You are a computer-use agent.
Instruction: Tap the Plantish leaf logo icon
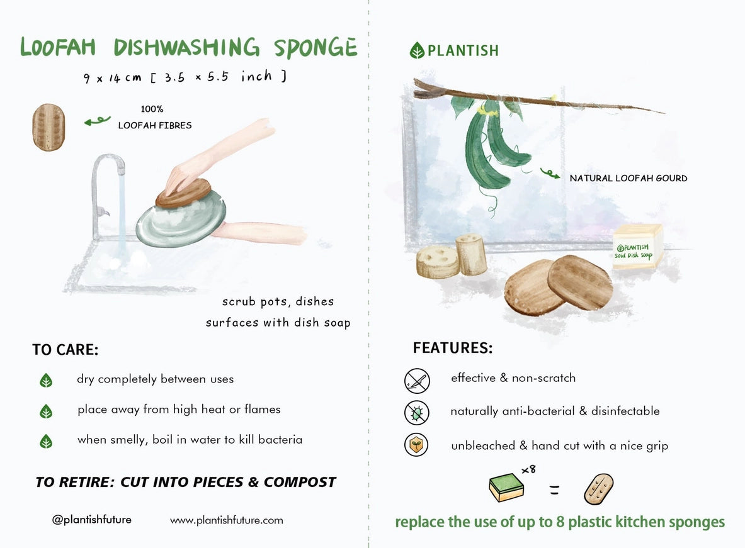coord(417,50)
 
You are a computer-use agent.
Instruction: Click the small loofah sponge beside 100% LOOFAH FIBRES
coord(48,127)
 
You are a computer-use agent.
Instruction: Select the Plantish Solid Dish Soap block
coord(637,247)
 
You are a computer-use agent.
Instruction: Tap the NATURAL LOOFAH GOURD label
coord(628,179)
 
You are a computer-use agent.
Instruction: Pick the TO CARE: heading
coord(65,350)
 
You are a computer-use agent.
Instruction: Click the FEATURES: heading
coord(452,348)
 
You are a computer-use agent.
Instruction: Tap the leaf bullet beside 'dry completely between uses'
coord(46,380)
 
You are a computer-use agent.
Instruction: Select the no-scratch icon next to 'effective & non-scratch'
coord(416,381)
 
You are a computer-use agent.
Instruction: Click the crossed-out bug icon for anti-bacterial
coord(416,413)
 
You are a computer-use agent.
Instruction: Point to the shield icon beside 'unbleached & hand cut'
coord(416,445)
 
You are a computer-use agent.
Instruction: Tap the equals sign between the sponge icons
coord(554,490)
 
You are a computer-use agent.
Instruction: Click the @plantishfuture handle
coord(92,520)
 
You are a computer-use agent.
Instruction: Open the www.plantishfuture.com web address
coord(227,520)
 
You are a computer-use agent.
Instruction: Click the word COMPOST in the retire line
coord(300,483)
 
